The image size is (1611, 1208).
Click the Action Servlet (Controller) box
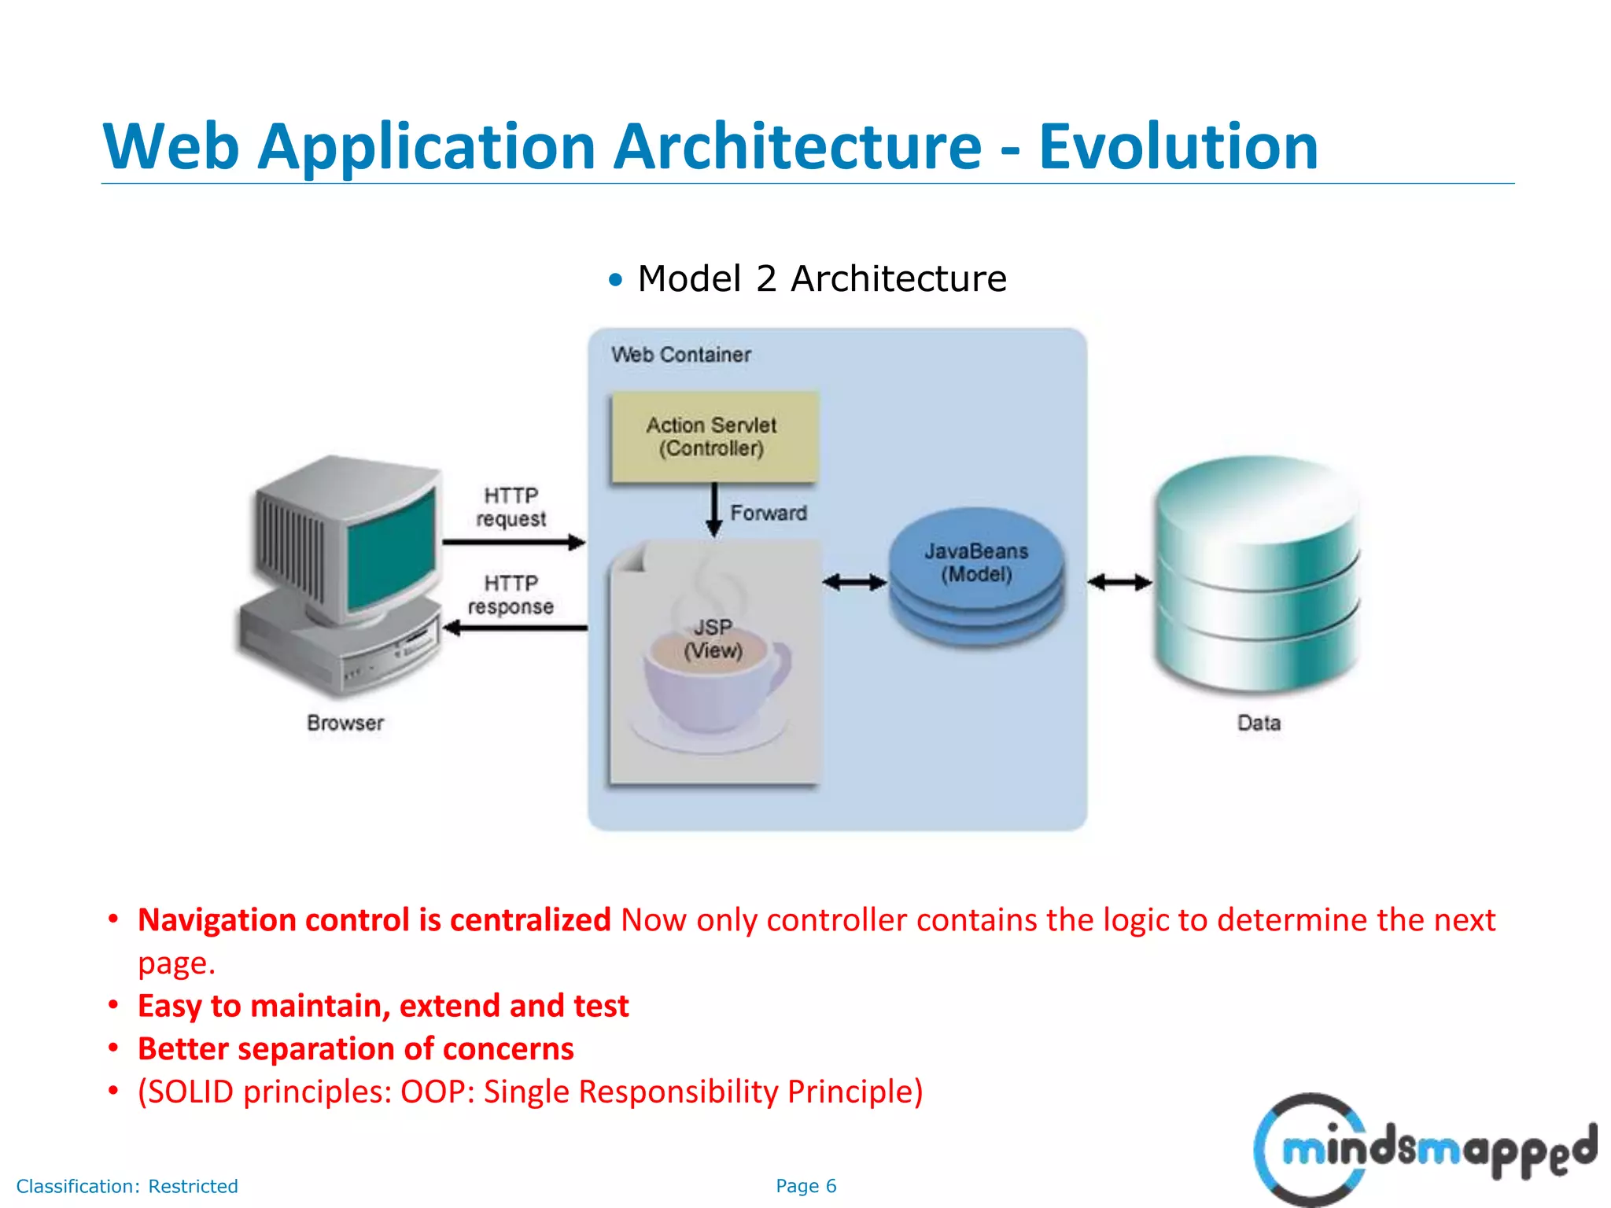(714, 436)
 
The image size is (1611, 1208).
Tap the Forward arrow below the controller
(714, 510)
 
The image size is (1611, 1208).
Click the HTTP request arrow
(514, 542)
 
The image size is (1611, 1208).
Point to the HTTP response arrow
(515, 628)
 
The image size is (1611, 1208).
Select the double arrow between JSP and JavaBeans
(854, 583)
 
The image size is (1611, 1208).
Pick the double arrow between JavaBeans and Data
(1119, 583)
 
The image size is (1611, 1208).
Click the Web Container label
(681, 355)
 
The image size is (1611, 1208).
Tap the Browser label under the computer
(345, 723)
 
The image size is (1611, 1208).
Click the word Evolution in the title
(1178, 146)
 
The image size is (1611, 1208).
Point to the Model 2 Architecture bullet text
(821, 278)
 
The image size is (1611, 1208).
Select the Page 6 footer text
(805, 1186)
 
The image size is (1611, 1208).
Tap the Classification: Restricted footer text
(127, 1186)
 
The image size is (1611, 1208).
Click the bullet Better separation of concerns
(356, 1049)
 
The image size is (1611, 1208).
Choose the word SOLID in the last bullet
(192, 1092)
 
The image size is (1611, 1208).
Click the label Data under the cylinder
(1259, 723)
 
